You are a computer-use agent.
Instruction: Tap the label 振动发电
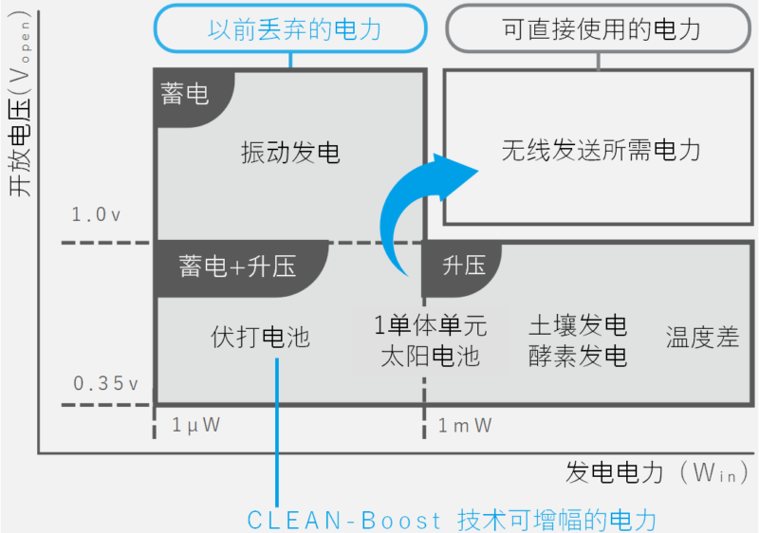(x=290, y=153)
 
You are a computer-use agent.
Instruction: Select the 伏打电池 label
(x=260, y=337)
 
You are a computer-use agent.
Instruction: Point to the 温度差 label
(x=702, y=338)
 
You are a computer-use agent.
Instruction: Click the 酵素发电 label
(x=578, y=356)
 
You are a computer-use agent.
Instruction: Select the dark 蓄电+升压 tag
(x=237, y=266)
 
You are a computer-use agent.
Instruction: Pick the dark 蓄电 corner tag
(x=186, y=96)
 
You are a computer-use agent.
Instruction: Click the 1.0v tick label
(x=96, y=215)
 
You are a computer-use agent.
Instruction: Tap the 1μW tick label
(x=195, y=425)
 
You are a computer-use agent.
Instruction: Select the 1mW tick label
(x=464, y=425)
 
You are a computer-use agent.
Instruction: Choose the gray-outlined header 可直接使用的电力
(x=600, y=28)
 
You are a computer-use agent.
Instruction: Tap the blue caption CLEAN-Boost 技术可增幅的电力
(x=452, y=520)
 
